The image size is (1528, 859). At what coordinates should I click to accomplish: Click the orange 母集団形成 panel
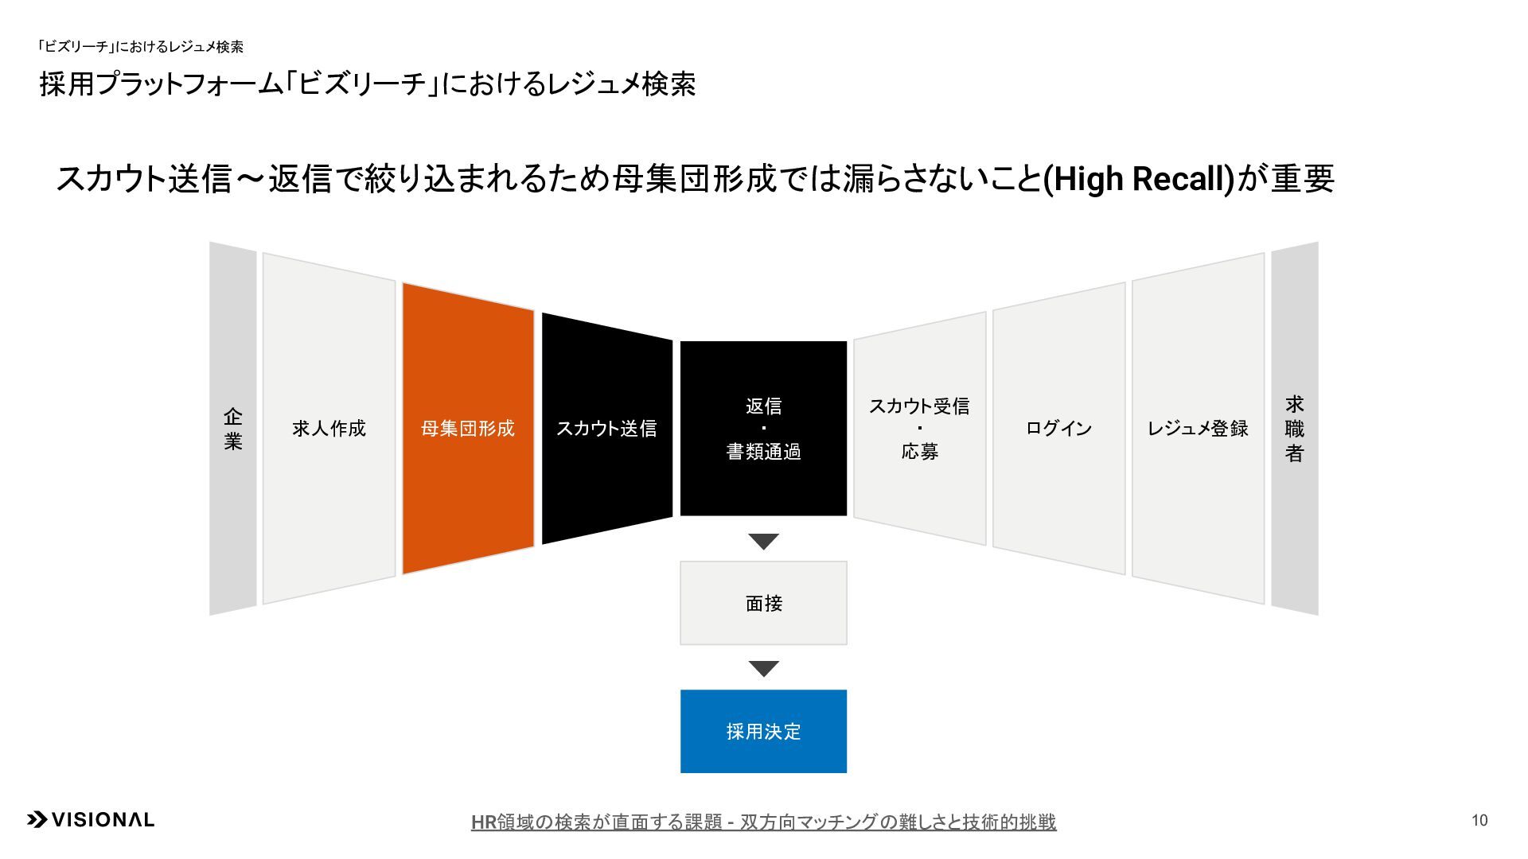coord(468,429)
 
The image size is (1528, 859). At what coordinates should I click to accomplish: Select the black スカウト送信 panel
coord(606,429)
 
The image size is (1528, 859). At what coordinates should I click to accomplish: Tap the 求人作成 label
coord(329,429)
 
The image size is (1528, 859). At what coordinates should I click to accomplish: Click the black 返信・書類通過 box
coord(763,429)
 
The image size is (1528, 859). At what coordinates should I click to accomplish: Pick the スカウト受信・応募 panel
coord(919,429)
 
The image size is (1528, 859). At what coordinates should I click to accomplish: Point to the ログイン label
coord(1058,429)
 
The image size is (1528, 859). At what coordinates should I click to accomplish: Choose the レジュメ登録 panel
coord(1198,429)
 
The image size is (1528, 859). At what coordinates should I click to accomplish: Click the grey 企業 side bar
coord(232,429)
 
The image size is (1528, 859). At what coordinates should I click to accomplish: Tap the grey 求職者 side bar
coord(1295,429)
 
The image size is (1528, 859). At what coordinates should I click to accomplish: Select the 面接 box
coord(763,603)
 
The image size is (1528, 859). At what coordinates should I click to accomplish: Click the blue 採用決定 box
coord(763,731)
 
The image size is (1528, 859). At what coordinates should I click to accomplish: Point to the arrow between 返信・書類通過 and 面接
coord(763,542)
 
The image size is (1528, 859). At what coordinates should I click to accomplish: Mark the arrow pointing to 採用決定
coord(763,669)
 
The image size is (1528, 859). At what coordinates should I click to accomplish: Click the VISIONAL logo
coord(92,820)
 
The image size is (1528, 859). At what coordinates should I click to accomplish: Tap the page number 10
coord(1479,821)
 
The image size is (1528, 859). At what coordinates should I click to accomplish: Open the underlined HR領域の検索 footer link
coord(763,822)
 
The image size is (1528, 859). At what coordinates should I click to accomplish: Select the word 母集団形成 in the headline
coord(694,179)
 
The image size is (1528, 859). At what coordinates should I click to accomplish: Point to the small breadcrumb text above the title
coord(141,47)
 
